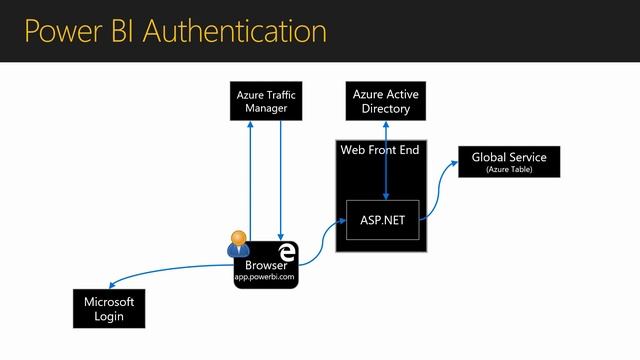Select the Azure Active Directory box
click(386, 102)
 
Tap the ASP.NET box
click(382, 219)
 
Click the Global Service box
click(509, 161)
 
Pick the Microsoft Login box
click(110, 308)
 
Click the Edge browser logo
click(287, 251)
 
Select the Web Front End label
click(380, 150)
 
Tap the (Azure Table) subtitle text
click(509, 170)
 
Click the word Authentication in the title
click(233, 30)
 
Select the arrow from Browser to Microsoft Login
click(170, 270)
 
